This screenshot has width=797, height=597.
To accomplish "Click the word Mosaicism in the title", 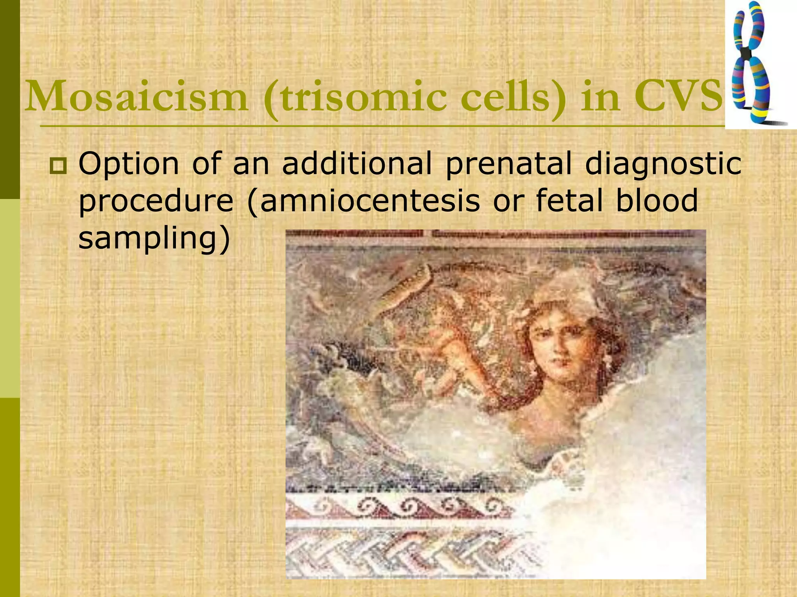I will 136,96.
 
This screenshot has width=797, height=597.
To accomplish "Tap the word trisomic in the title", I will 362,96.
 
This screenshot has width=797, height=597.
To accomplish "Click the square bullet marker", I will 58,166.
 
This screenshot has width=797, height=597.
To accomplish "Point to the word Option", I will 129,164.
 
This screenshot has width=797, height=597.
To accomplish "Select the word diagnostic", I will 663,164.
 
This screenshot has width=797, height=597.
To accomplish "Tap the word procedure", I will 156,201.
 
